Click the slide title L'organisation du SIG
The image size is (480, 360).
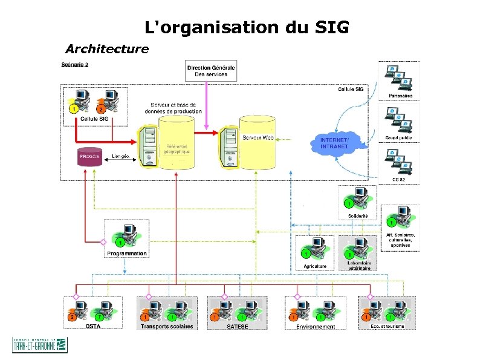click(247, 27)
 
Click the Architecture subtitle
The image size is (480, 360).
click(107, 48)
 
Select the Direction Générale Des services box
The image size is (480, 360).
click(211, 71)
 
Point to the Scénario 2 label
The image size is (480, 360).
click(75, 65)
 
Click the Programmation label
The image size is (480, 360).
click(127, 254)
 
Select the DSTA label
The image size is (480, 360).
click(93, 326)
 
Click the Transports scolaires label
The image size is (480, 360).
click(167, 326)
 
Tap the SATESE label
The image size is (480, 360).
click(237, 326)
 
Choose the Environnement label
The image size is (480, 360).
click(315, 326)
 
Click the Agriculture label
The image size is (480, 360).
click(315, 266)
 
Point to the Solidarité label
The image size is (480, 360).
click(357, 216)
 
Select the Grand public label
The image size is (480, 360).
click(398, 138)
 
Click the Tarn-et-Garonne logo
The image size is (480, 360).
click(40, 345)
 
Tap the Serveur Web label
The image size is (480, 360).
click(258, 138)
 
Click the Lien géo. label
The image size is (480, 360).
click(121, 156)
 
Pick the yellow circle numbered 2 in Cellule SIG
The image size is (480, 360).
click(101, 110)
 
